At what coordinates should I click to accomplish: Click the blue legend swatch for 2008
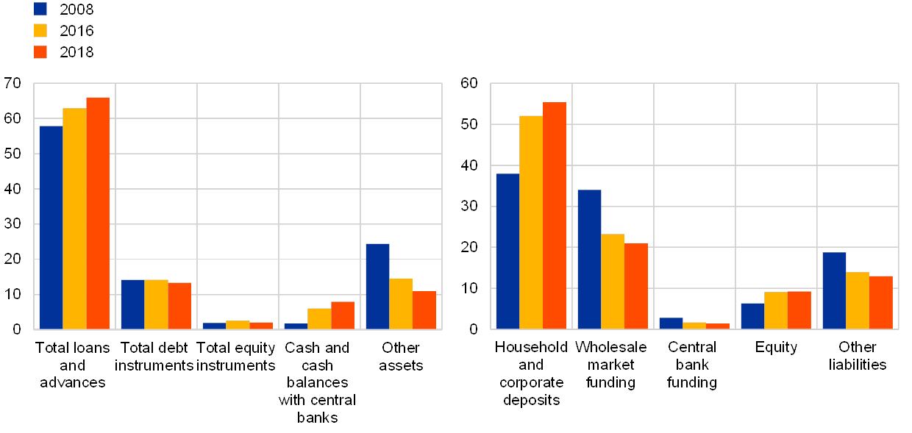tap(40, 9)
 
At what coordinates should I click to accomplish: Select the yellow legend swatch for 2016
tap(40, 30)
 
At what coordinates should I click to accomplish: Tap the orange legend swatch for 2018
tap(40, 52)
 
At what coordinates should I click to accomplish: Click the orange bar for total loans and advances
tap(98, 213)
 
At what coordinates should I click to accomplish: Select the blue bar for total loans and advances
tap(51, 227)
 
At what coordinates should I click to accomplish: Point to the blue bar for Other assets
tap(377, 286)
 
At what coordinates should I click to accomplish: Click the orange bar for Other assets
tap(424, 309)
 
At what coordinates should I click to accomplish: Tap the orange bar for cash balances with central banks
tap(343, 315)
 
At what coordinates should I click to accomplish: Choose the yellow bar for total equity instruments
tap(238, 324)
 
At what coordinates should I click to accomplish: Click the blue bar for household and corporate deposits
tap(507, 251)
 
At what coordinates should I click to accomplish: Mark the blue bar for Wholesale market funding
tap(589, 259)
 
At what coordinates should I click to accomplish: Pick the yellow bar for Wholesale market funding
tap(613, 281)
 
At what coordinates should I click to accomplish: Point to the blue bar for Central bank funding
tap(671, 323)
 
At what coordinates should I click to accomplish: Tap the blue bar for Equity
tap(752, 315)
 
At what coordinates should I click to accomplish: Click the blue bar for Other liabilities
tap(834, 290)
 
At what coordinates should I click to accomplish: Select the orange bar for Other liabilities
tap(881, 302)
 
